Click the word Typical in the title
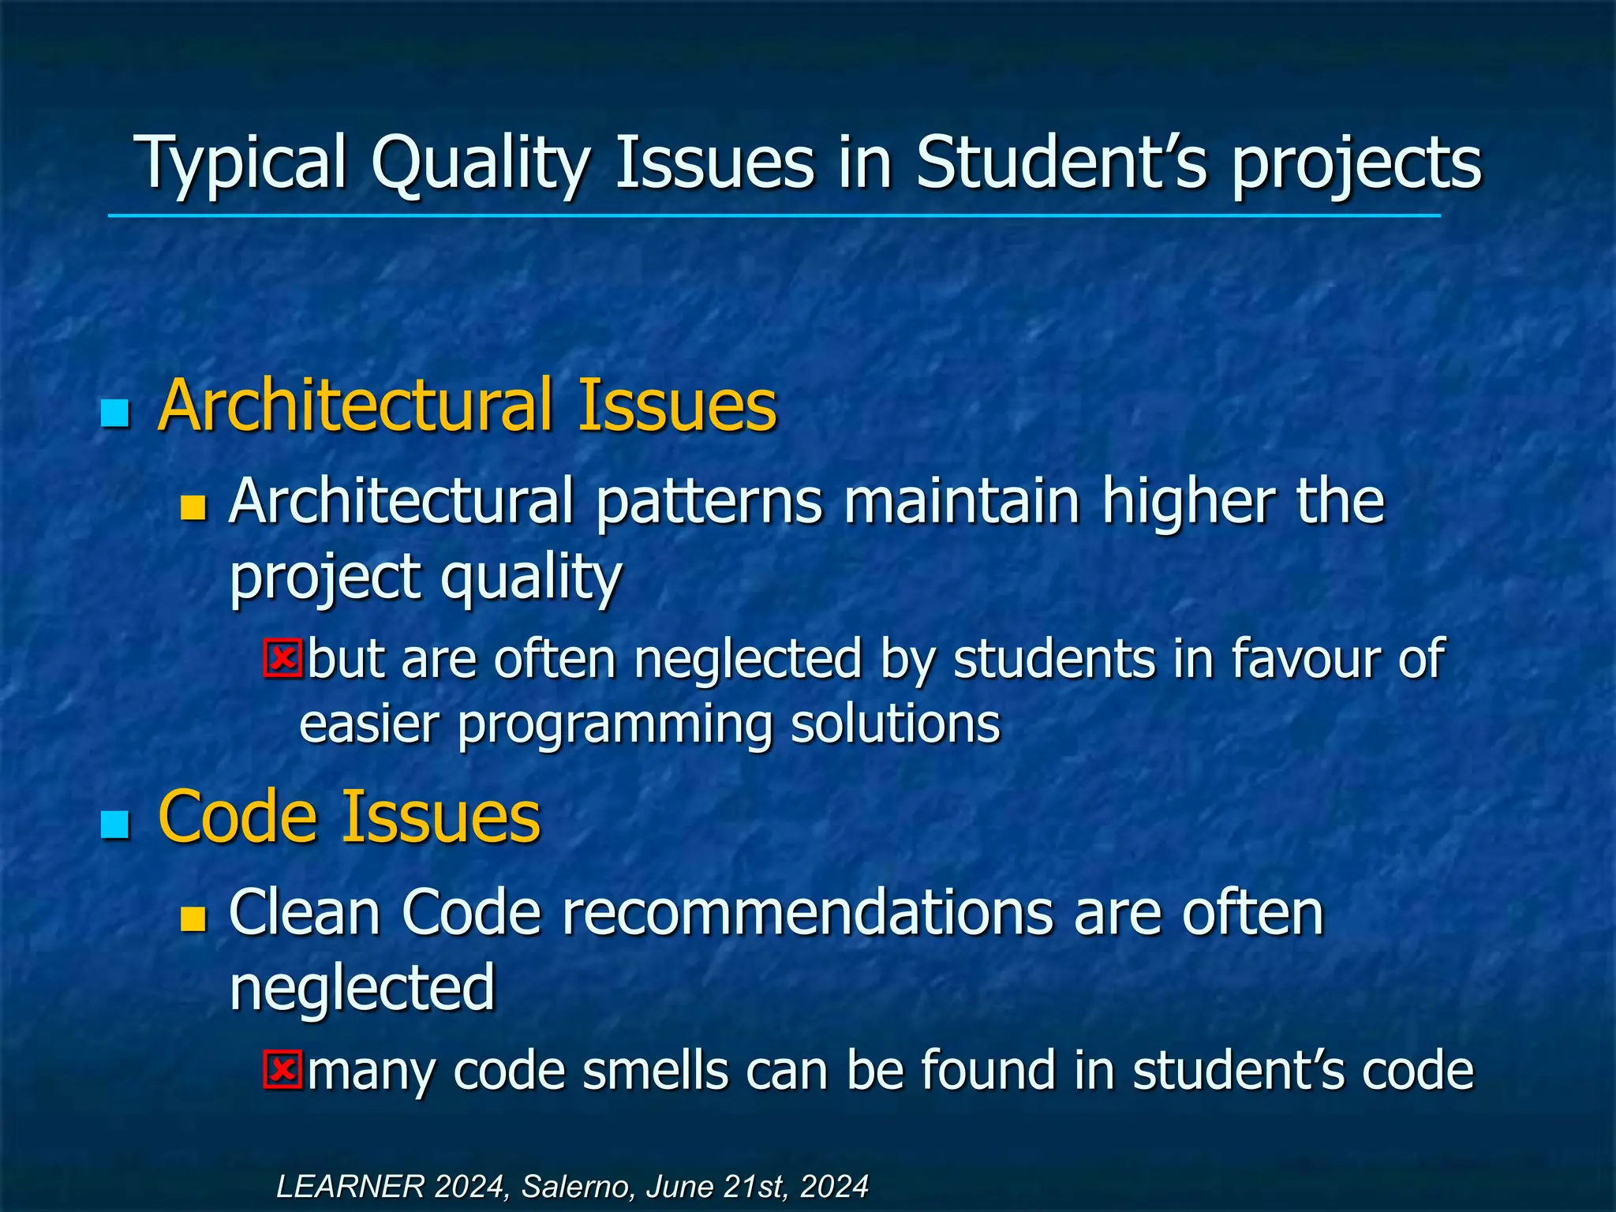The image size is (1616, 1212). pos(241,163)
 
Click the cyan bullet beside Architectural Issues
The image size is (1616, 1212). pos(115,413)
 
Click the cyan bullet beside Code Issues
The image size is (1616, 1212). pos(115,824)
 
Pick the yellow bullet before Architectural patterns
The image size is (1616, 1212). pos(193,508)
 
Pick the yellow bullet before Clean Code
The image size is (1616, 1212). pos(193,918)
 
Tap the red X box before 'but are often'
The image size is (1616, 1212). pos(282,659)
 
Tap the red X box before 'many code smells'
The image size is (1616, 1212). pos(282,1070)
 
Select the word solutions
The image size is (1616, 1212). pos(896,724)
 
